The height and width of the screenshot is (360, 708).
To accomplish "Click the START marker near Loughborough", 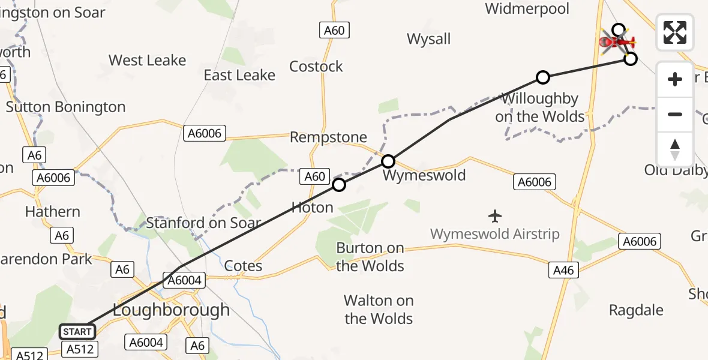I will pyautogui.click(x=77, y=331).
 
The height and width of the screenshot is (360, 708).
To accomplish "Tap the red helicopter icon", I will pyautogui.click(x=616, y=42).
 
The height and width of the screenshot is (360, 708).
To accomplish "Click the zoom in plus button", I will pyautogui.click(x=675, y=79).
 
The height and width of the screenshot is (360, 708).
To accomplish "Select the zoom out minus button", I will pyautogui.click(x=675, y=114).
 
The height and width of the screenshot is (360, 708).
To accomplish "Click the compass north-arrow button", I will pyautogui.click(x=675, y=149).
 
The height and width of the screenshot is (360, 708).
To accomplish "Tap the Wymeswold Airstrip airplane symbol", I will pyautogui.click(x=495, y=215).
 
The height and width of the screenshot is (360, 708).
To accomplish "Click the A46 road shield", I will pyautogui.click(x=563, y=271).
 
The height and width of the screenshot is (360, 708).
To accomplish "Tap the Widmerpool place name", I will pyautogui.click(x=527, y=9).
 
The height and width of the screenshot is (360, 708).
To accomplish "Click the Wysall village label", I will pyautogui.click(x=428, y=40).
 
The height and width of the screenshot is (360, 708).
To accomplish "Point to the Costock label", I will pyautogui.click(x=316, y=67).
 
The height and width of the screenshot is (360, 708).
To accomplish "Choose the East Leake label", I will pyautogui.click(x=239, y=75).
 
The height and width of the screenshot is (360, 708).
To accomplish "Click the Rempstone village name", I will pyautogui.click(x=328, y=137).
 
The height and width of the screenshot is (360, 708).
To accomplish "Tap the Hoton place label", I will pyautogui.click(x=312, y=208).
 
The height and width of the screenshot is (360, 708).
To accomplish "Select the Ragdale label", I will pyautogui.click(x=636, y=310).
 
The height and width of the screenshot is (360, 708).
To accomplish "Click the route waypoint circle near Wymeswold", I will pyautogui.click(x=388, y=161).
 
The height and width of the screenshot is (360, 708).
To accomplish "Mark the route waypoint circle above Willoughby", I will pyautogui.click(x=543, y=77).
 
